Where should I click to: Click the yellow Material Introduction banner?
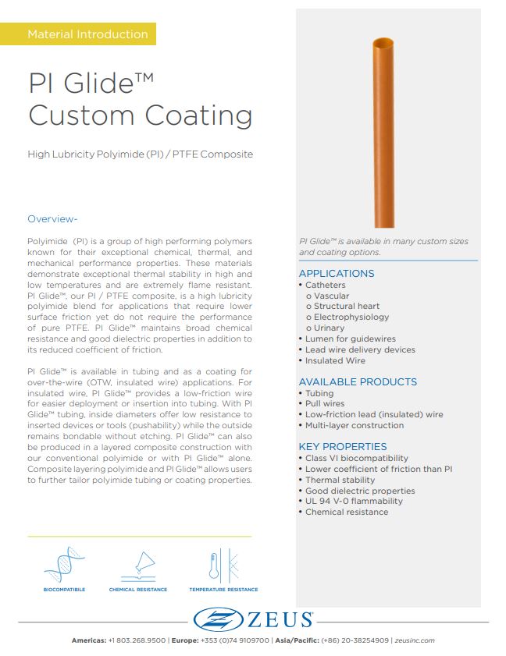tap(87, 34)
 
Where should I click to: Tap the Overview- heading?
tap(52, 218)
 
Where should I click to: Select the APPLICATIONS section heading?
tap(337, 274)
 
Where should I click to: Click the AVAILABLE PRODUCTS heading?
tap(358, 382)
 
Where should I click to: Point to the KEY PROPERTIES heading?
tap(343, 447)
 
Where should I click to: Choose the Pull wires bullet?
tap(324, 404)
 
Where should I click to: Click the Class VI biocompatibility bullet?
tap(356, 459)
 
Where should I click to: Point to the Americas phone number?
tap(136, 640)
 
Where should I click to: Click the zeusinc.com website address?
tap(415, 640)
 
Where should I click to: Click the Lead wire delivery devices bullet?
tap(360, 350)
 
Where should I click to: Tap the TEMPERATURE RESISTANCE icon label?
tap(223, 590)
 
